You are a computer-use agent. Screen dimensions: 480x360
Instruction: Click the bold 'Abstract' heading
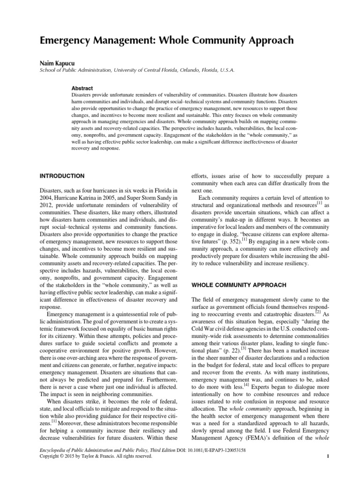click(82, 88)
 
